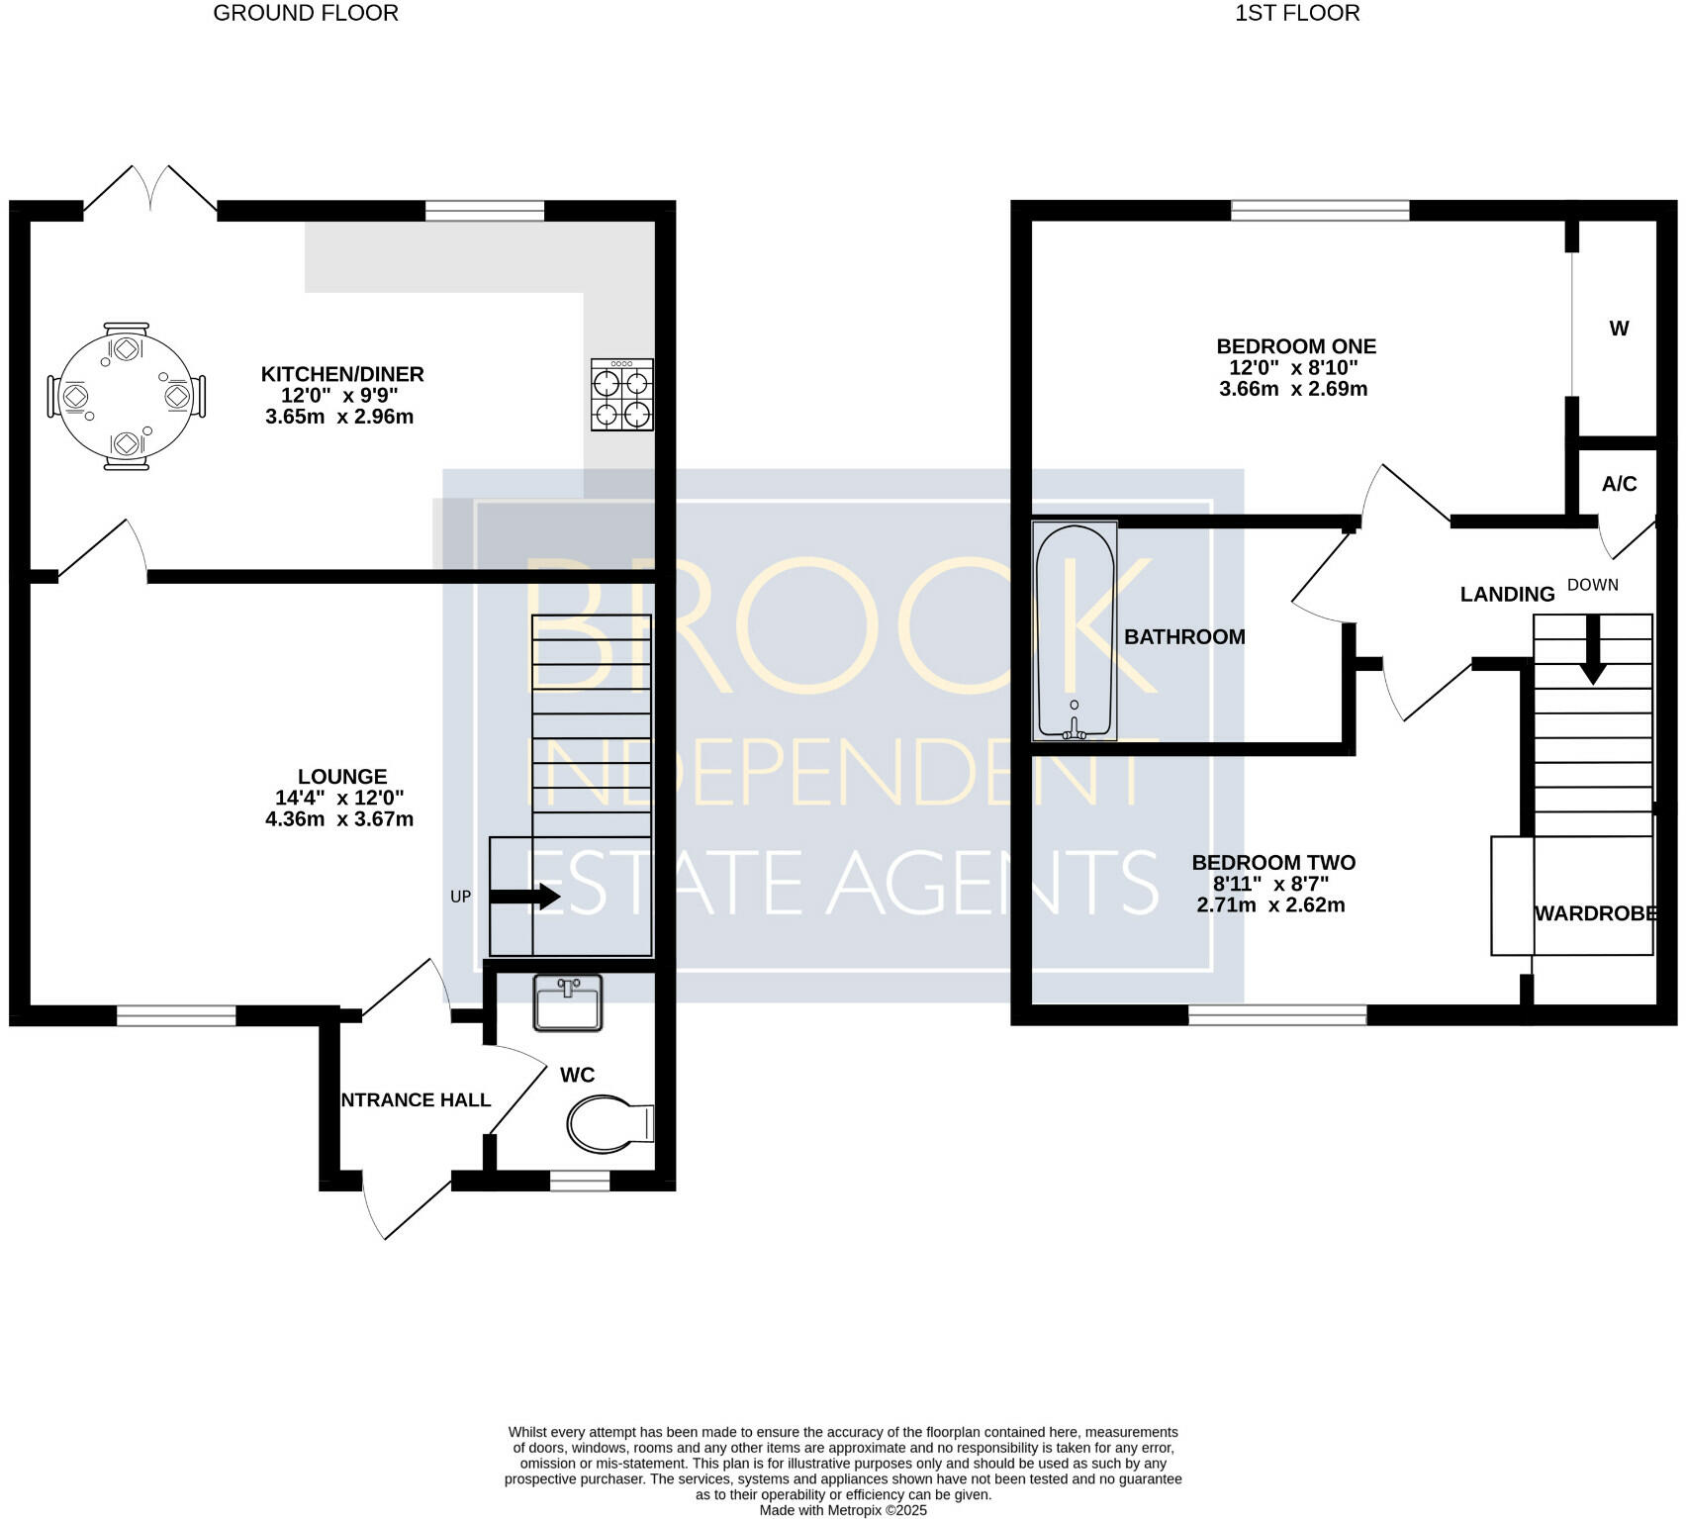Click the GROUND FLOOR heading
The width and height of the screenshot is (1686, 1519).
(306, 13)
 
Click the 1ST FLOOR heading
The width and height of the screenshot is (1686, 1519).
(1297, 13)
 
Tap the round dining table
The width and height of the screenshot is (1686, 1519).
(127, 396)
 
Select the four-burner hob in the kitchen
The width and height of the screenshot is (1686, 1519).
(622, 395)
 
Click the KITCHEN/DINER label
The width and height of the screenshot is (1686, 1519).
(342, 374)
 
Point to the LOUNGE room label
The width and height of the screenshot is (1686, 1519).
(342, 777)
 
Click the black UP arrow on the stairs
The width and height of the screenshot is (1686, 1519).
(525, 897)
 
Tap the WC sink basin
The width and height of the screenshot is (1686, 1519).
(568, 1002)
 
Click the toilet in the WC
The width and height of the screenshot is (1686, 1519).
(610, 1124)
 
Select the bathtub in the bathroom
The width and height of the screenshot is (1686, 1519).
(1075, 631)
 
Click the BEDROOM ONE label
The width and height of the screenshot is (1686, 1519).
(1296, 346)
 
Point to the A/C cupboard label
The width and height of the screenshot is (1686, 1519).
(1620, 484)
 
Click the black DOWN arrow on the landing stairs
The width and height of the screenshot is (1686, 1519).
(1593, 649)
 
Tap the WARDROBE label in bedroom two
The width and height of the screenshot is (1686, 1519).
(1596, 913)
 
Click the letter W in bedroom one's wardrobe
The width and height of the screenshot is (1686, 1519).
(1619, 329)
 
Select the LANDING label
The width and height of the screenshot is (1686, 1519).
(1508, 594)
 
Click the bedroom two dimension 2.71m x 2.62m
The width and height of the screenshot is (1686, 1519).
(1271, 904)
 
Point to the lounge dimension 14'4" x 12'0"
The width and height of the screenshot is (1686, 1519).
(340, 798)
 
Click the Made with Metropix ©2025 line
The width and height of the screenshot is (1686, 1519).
(843, 1510)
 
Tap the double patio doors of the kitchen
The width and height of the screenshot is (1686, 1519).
(150, 188)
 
